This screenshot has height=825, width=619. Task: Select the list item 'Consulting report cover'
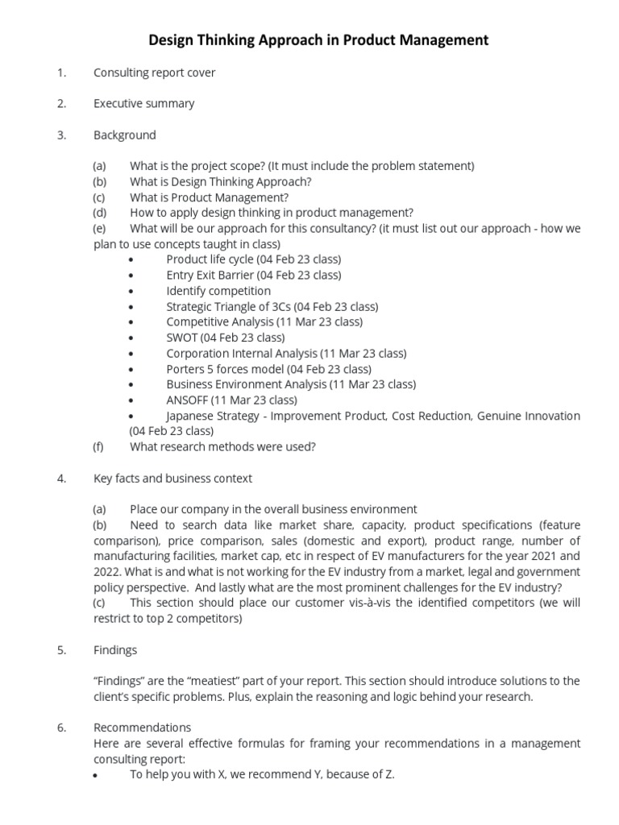click(x=154, y=73)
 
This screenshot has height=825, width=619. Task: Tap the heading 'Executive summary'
click(x=143, y=104)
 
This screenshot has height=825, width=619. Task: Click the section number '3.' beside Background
click(x=61, y=135)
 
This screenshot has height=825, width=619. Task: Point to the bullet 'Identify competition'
click(x=218, y=291)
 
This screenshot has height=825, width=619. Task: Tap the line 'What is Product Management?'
click(x=209, y=197)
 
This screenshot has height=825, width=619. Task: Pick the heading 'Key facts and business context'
click(x=172, y=479)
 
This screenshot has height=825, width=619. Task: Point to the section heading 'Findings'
click(x=115, y=650)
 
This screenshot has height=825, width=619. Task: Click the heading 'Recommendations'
click(x=142, y=728)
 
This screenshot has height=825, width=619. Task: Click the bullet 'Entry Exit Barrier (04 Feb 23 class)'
click(x=253, y=276)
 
